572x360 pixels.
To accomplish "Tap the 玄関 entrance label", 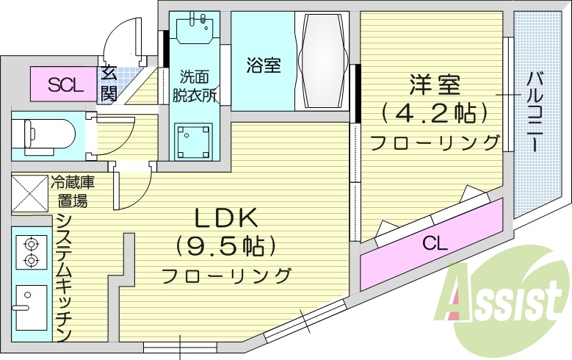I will tap(109, 83).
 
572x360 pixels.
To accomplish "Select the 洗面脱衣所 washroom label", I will tap(194, 84).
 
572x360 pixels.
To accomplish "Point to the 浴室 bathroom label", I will tap(262, 65).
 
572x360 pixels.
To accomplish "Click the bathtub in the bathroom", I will tap(322, 62).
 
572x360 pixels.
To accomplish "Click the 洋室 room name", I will tap(435, 85).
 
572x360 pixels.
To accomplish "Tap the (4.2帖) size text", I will tap(435, 112).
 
